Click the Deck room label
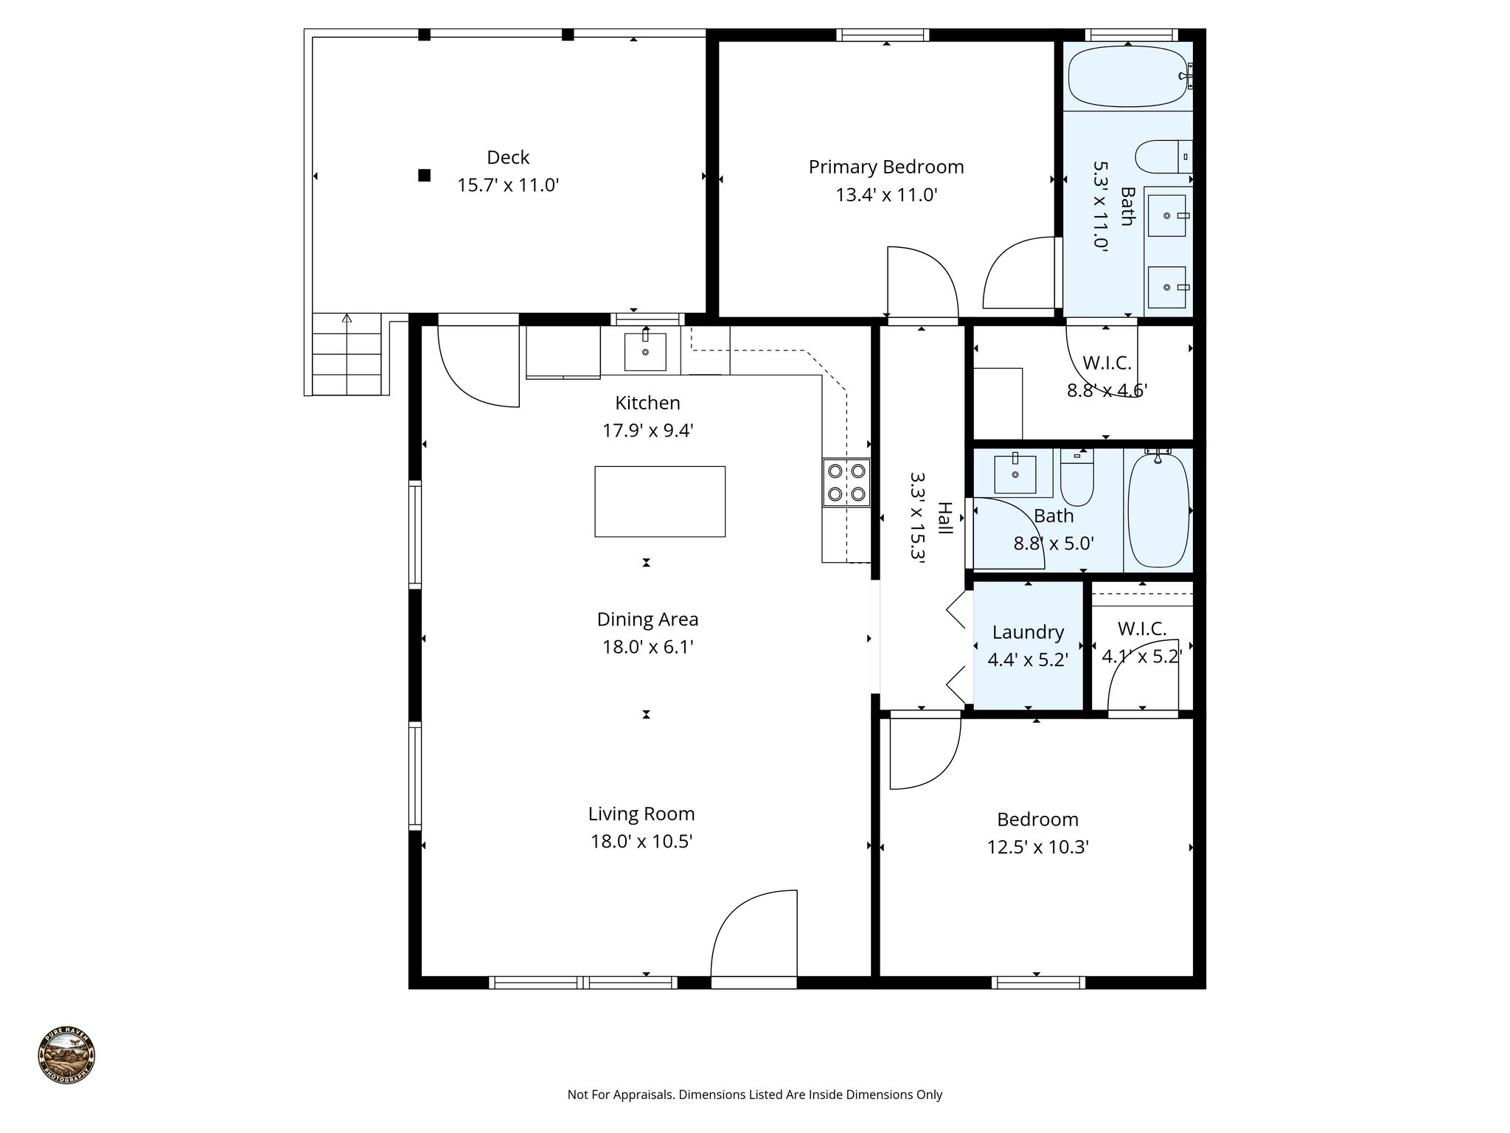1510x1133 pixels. tap(508, 157)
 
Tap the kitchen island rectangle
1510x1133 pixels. tap(660, 502)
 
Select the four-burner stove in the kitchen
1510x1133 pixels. tap(846, 482)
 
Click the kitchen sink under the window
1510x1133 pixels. tap(645, 352)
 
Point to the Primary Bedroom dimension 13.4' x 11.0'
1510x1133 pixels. tap(886, 195)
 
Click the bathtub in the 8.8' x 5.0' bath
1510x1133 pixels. tap(1158, 510)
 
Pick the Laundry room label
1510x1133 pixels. tap(1028, 632)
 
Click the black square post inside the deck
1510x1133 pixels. tap(424, 175)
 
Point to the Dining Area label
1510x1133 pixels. tap(647, 620)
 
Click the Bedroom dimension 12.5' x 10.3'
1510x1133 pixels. tap(1037, 848)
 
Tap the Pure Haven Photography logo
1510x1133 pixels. tap(66, 1056)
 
